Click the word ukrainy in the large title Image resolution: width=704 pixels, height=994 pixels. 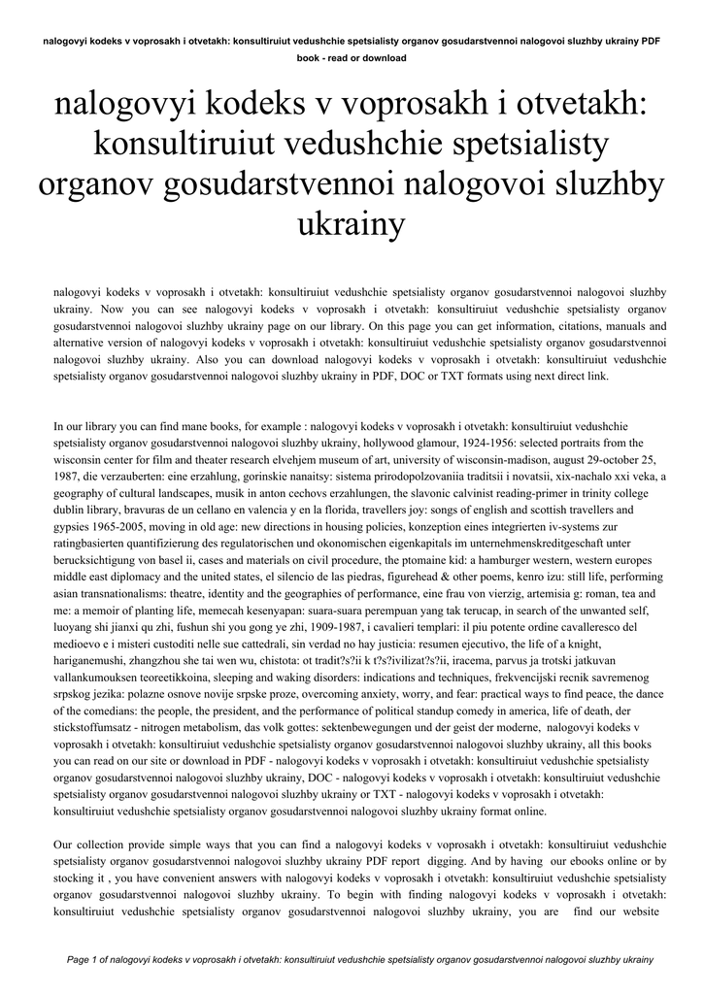point(352,225)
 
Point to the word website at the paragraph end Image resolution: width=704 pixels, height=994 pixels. point(636,912)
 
